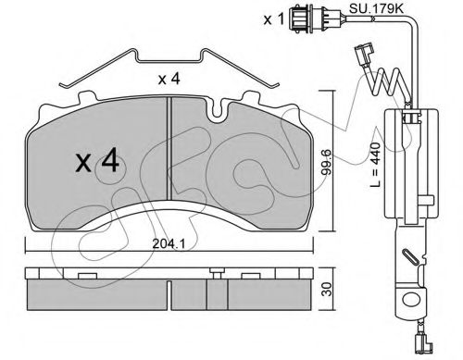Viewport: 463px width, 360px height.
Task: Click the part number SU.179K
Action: tap(376, 8)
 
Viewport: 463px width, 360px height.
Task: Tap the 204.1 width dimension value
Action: tap(169, 244)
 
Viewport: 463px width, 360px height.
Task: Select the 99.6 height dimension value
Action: tap(327, 162)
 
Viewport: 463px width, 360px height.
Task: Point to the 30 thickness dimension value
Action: tap(328, 289)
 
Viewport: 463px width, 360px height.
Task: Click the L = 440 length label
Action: tap(376, 165)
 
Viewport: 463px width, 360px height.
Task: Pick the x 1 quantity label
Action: tap(273, 19)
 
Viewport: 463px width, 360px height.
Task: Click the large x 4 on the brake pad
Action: tap(97, 159)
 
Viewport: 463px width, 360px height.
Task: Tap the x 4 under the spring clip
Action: tap(169, 79)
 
